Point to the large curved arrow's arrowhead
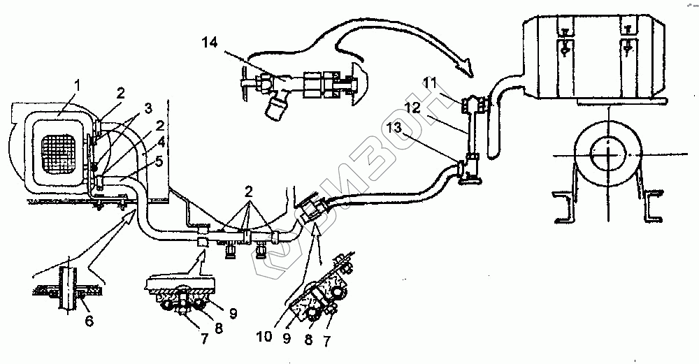[x=463, y=70]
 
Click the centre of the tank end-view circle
[x=608, y=154]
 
